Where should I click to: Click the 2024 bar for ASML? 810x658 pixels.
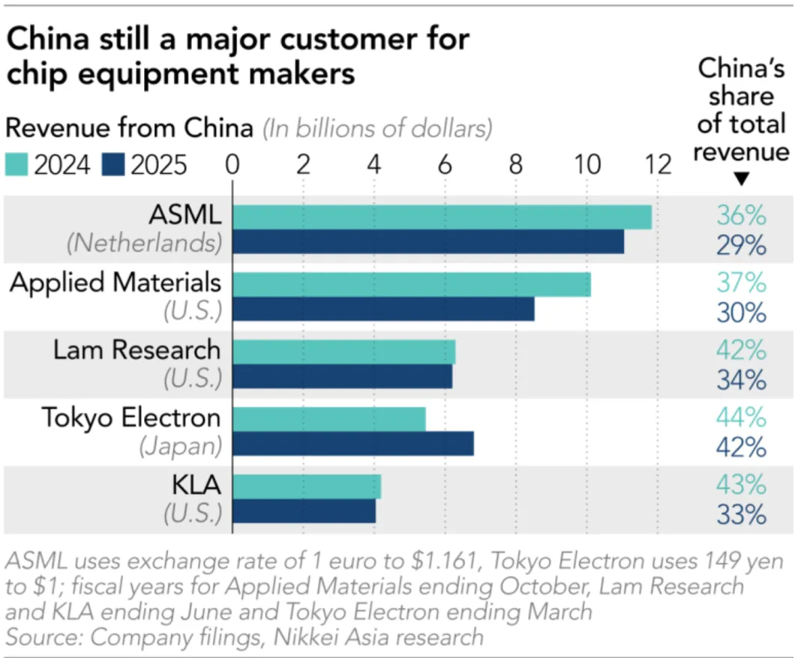click(x=442, y=217)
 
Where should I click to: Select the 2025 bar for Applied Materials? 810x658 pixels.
click(x=383, y=310)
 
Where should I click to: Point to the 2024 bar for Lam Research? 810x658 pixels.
click(x=343, y=351)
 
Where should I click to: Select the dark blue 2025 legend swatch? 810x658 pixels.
click(x=114, y=165)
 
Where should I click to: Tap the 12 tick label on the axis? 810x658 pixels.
click(x=658, y=164)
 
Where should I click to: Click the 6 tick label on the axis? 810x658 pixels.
click(x=445, y=164)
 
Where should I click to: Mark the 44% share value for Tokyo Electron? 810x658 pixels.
click(x=741, y=417)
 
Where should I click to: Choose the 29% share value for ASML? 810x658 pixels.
click(x=741, y=245)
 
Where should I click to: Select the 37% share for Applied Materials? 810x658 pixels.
click(x=741, y=283)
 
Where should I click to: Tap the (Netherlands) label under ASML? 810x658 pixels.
click(x=144, y=244)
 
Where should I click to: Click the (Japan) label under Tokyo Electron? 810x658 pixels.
click(x=180, y=447)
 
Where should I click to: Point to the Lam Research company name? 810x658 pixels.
click(x=136, y=350)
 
